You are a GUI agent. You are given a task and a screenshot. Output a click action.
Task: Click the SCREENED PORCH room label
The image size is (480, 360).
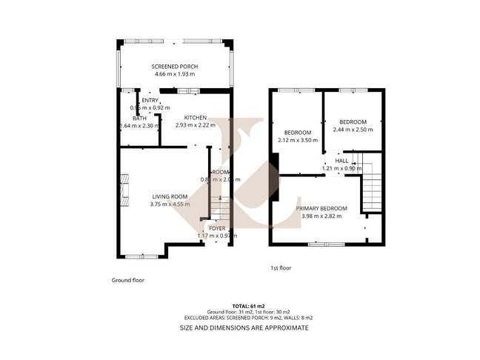(x=174, y=67)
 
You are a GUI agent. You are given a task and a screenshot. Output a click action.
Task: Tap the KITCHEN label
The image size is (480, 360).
(x=196, y=118)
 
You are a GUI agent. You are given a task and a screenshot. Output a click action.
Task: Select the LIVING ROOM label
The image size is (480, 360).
(x=170, y=196)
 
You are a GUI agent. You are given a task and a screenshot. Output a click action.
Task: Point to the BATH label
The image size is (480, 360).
(x=139, y=118)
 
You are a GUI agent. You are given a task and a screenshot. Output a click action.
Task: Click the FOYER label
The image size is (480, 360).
(x=217, y=228)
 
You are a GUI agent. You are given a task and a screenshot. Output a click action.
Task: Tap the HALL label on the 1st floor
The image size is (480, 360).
(x=341, y=161)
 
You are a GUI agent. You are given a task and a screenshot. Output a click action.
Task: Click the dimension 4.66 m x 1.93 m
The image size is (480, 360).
(x=174, y=74)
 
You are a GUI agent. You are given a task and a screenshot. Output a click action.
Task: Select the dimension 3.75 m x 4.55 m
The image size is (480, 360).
(x=170, y=204)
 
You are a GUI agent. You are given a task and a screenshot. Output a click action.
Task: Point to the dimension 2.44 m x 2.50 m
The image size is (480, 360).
(x=353, y=130)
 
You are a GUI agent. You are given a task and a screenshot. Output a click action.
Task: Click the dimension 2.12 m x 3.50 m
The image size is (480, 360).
(x=294, y=140)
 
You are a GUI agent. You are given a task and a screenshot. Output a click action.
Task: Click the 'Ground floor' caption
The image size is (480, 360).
(x=128, y=281)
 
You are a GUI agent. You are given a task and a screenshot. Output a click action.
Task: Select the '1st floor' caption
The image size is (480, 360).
(x=281, y=268)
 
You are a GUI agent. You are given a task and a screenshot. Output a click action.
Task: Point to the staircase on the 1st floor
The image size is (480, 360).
(x=372, y=185)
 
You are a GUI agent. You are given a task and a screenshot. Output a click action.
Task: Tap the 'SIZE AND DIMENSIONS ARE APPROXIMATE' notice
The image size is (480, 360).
(x=244, y=327)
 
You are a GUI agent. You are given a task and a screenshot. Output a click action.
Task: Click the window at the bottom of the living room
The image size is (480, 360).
(x=141, y=256)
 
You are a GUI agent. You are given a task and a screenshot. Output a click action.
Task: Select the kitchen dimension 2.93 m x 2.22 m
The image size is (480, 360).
(x=196, y=125)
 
